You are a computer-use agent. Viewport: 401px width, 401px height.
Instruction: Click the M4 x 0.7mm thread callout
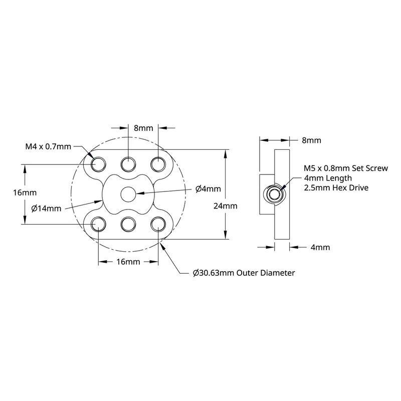pyautogui.click(x=48, y=146)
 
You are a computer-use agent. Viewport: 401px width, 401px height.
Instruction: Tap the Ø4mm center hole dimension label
pyautogui.click(x=208, y=189)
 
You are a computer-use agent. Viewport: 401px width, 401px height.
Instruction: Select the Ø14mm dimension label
pyautogui.click(x=46, y=209)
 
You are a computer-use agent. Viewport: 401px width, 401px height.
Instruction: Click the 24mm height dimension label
pyautogui.click(x=225, y=206)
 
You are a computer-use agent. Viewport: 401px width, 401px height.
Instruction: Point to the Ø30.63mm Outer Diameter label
pyautogui.click(x=244, y=273)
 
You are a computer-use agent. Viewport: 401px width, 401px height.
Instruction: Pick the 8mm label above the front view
pyautogui.click(x=143, y=128)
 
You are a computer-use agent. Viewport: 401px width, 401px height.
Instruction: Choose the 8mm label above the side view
pyautogui.click(x=311, y=140)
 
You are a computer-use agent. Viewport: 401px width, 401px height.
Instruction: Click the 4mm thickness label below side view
pyautogui.click(x=320, y=247)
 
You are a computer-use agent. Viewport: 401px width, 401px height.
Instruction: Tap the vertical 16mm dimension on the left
pyautogui.click(x=25, y=192)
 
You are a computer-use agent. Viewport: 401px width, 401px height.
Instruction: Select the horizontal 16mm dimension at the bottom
pyautogui.click(x=128, y=262)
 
